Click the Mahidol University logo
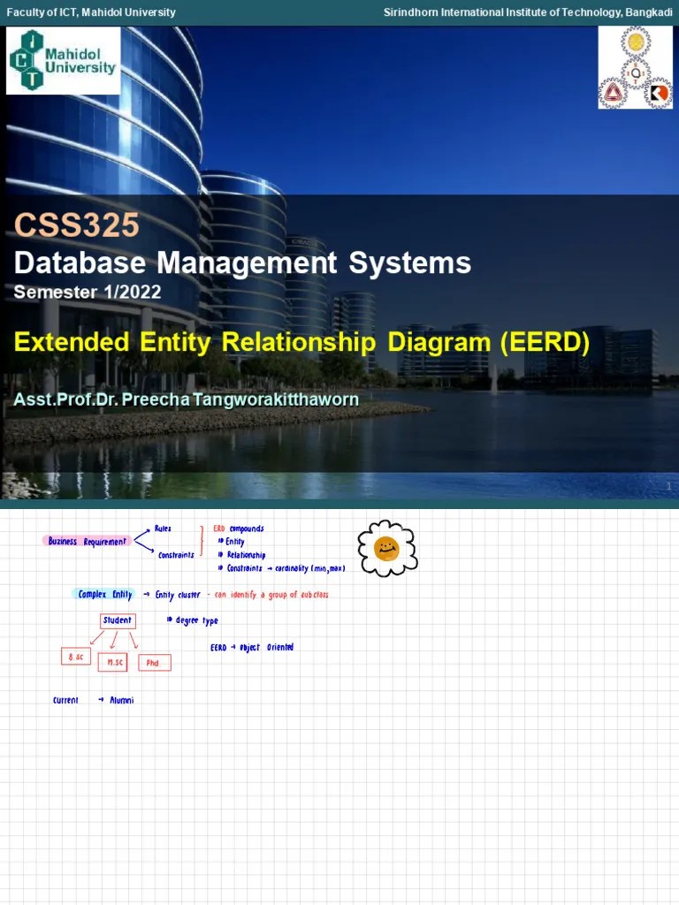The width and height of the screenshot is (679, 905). point(63,60)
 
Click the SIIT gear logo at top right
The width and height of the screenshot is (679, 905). point(635,67)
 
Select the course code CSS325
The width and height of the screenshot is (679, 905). point(76,225)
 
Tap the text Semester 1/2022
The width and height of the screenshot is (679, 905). point(88,292)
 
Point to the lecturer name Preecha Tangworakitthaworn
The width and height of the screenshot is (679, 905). point(240,399)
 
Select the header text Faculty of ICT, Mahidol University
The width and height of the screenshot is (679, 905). point(91,12)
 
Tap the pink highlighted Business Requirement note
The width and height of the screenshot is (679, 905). point(87,541)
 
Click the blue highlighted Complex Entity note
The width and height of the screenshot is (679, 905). point(104,595)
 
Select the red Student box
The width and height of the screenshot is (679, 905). point(117,620)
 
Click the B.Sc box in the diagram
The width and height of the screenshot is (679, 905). point(75,657)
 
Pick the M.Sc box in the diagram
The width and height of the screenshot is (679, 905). point(115,662)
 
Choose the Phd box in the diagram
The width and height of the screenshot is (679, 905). point(154,663)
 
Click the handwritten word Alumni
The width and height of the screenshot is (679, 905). point(122,701)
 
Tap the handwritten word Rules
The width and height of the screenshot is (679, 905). point(163,529)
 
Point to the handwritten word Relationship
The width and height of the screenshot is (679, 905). point(245,555)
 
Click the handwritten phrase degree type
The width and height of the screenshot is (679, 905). point(195,620)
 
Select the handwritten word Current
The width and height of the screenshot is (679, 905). point(65,701)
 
